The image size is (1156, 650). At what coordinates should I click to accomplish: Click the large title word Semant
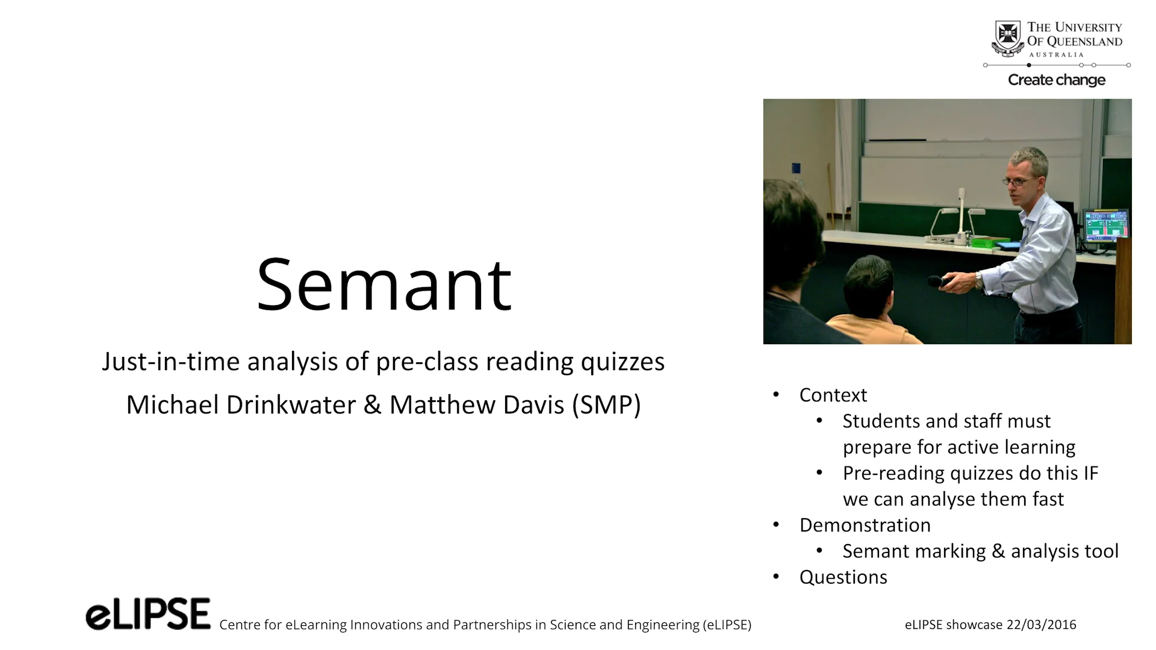pos(384,285)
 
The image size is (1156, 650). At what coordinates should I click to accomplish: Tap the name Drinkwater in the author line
pos(291,405)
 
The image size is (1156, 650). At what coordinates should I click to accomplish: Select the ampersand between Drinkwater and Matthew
pos(372,405)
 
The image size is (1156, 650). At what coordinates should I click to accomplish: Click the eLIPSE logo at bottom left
pos(148,614)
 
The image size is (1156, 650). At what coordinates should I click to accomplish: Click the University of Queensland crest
pos(1007,37)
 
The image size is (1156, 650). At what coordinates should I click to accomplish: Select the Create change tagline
pos(1057,80)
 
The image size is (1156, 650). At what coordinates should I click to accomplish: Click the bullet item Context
pos(833,395)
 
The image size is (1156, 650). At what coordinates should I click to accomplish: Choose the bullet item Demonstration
pos(865,525)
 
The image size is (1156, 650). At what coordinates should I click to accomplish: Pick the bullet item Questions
pos(843,577)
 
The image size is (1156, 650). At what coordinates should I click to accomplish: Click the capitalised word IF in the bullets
pos(1091,473)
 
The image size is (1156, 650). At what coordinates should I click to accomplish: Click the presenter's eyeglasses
pos(1021,181)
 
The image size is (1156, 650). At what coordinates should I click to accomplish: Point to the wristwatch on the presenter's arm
pos(979,280)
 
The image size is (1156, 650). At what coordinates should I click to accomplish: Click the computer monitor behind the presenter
pos(1105,225)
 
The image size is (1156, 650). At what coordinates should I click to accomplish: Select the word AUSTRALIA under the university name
pos(1056,55)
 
